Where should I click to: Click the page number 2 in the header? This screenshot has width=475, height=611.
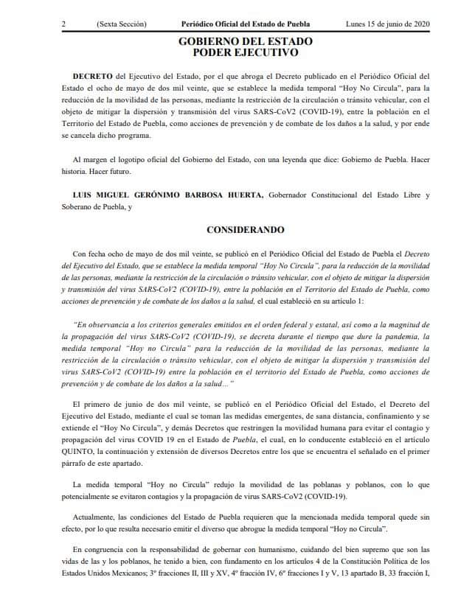click(x=65, y=24)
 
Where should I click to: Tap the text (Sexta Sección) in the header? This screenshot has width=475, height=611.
click(x=122, y=24)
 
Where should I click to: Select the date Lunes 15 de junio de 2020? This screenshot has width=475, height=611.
click(x=388, y=24)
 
